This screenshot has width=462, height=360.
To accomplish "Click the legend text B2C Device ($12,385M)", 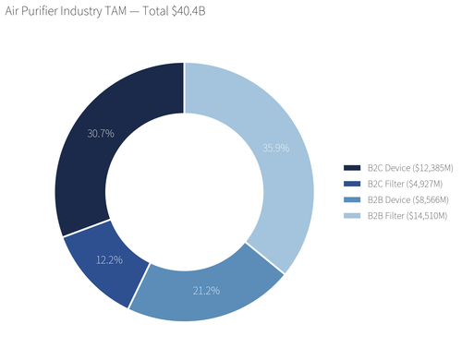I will click(x=407, y=168).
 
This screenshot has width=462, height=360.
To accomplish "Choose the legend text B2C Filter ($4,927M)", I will click(x=405, y=184).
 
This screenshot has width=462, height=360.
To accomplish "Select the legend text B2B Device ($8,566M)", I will click(x=405, y=199).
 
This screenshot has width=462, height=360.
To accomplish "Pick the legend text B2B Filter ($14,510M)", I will click(x=407, y=215).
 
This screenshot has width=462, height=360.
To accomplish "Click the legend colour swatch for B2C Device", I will click(x=351, y=168).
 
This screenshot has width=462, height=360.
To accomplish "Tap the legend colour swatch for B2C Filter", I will click(x=351, y=184).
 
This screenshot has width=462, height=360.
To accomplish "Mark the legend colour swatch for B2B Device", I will click(x=351, y=199).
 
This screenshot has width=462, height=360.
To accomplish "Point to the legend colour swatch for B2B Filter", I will click(x=351, y=215).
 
